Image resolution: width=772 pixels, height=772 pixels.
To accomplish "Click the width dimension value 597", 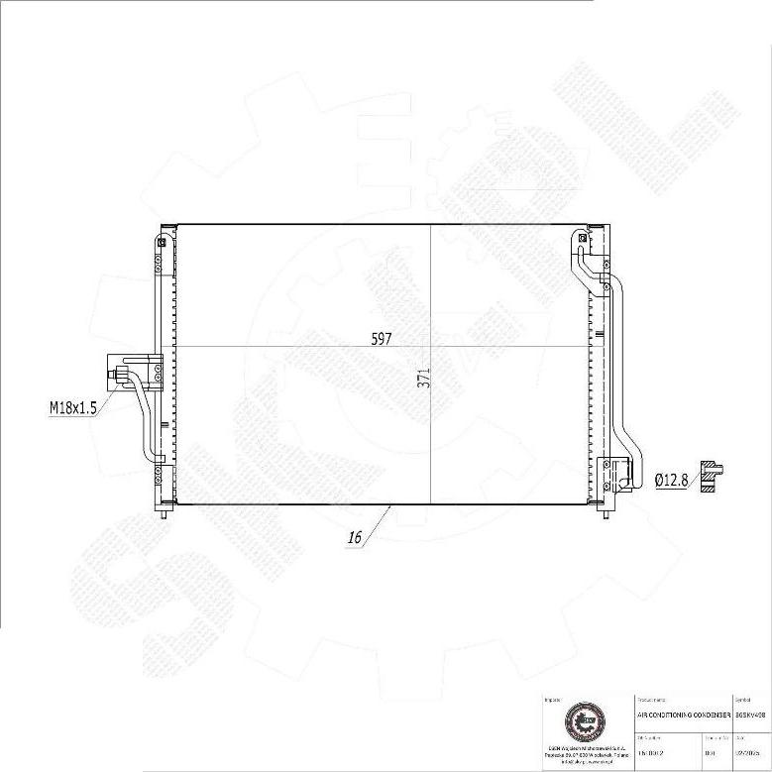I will tap(382, 338).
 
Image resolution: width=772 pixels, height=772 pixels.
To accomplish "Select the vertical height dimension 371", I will tap(423, 378).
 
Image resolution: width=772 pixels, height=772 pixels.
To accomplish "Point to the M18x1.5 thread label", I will tap(72, 406).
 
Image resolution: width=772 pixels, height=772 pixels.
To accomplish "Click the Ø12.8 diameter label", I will tap(671, 480).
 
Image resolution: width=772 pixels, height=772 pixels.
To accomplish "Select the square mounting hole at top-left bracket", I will tap(163, 239).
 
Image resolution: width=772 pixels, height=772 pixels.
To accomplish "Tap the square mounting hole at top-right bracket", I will tap(583, 238).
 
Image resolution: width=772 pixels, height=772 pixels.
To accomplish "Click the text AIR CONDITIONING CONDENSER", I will tap(683, 715).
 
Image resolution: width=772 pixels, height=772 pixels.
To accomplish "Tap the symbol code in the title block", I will tap(749, 715).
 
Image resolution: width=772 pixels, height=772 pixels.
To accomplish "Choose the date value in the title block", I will tap(748, 752).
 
